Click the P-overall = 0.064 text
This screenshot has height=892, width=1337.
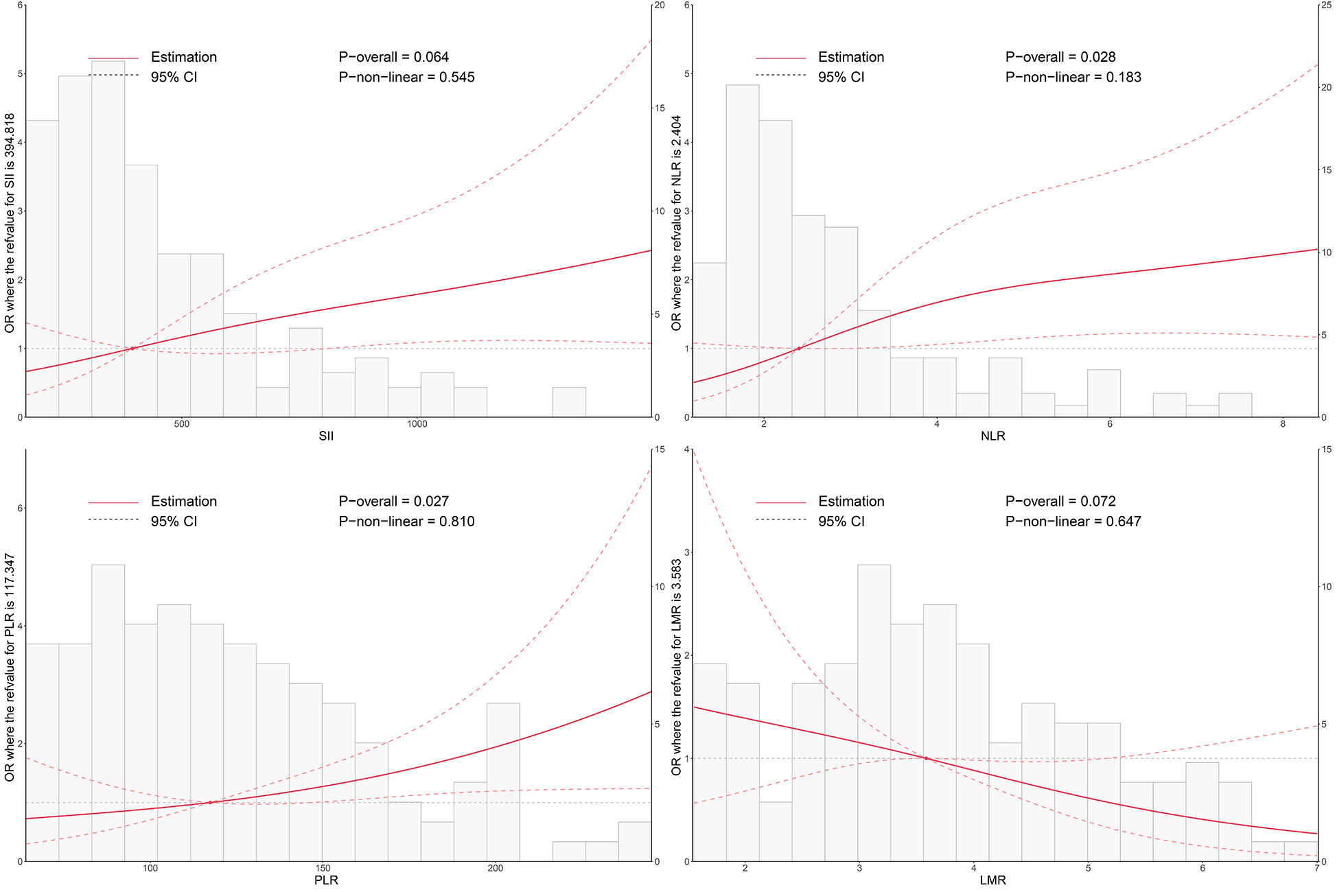pyautogui.click(x=393, y=57)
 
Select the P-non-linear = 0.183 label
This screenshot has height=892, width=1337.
pyautogui.click(x=1073, y=78)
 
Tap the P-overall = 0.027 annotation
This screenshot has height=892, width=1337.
pyautogui.click(x=393, y=502)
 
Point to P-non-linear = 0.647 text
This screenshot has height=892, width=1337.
pyautogui.click(x=1073, y=521)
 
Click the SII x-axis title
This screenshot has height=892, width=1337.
pyautogui.click(x=326, y=436)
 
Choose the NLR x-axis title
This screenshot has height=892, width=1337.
pyautogui.click(x=992, y=436)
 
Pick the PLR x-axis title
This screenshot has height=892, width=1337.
pyautogui.click(x=326, y=880)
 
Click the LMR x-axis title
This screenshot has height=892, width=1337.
pyautogui.click(x=992, y=880)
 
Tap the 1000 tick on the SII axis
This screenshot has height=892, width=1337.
pyautogui.click(x=417, y=424)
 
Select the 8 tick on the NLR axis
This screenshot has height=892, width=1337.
pyautogui.click(x=1282, y=424)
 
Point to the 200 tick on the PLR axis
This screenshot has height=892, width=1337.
pyautogui.click(x=495, y=869)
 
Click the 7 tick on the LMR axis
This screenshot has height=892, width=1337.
pyautogui.click(x=1316, y=869)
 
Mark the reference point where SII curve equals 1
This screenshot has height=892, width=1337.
pyautogui.click(x=132, y=349)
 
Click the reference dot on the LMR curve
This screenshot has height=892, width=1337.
pyautogui.click(x=925, y=758)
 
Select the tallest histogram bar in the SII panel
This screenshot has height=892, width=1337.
pyautogui.click(x=108, y=240)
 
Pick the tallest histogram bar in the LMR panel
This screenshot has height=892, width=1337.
pyautogui.click(x=874, y=714)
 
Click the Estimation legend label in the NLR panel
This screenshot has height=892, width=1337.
pyautogui.click(x=850, y=57)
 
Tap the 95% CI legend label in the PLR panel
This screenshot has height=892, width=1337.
pyautogui.click(x=174, y=521)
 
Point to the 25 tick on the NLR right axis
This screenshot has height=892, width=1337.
pyautogui.click(x=1327, y=5)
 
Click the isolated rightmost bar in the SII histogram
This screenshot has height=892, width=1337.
pyautogui.click(x=569, y=403)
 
